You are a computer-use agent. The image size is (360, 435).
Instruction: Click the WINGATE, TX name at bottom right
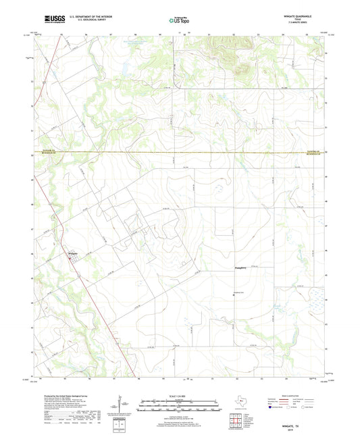click(295, 424)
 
